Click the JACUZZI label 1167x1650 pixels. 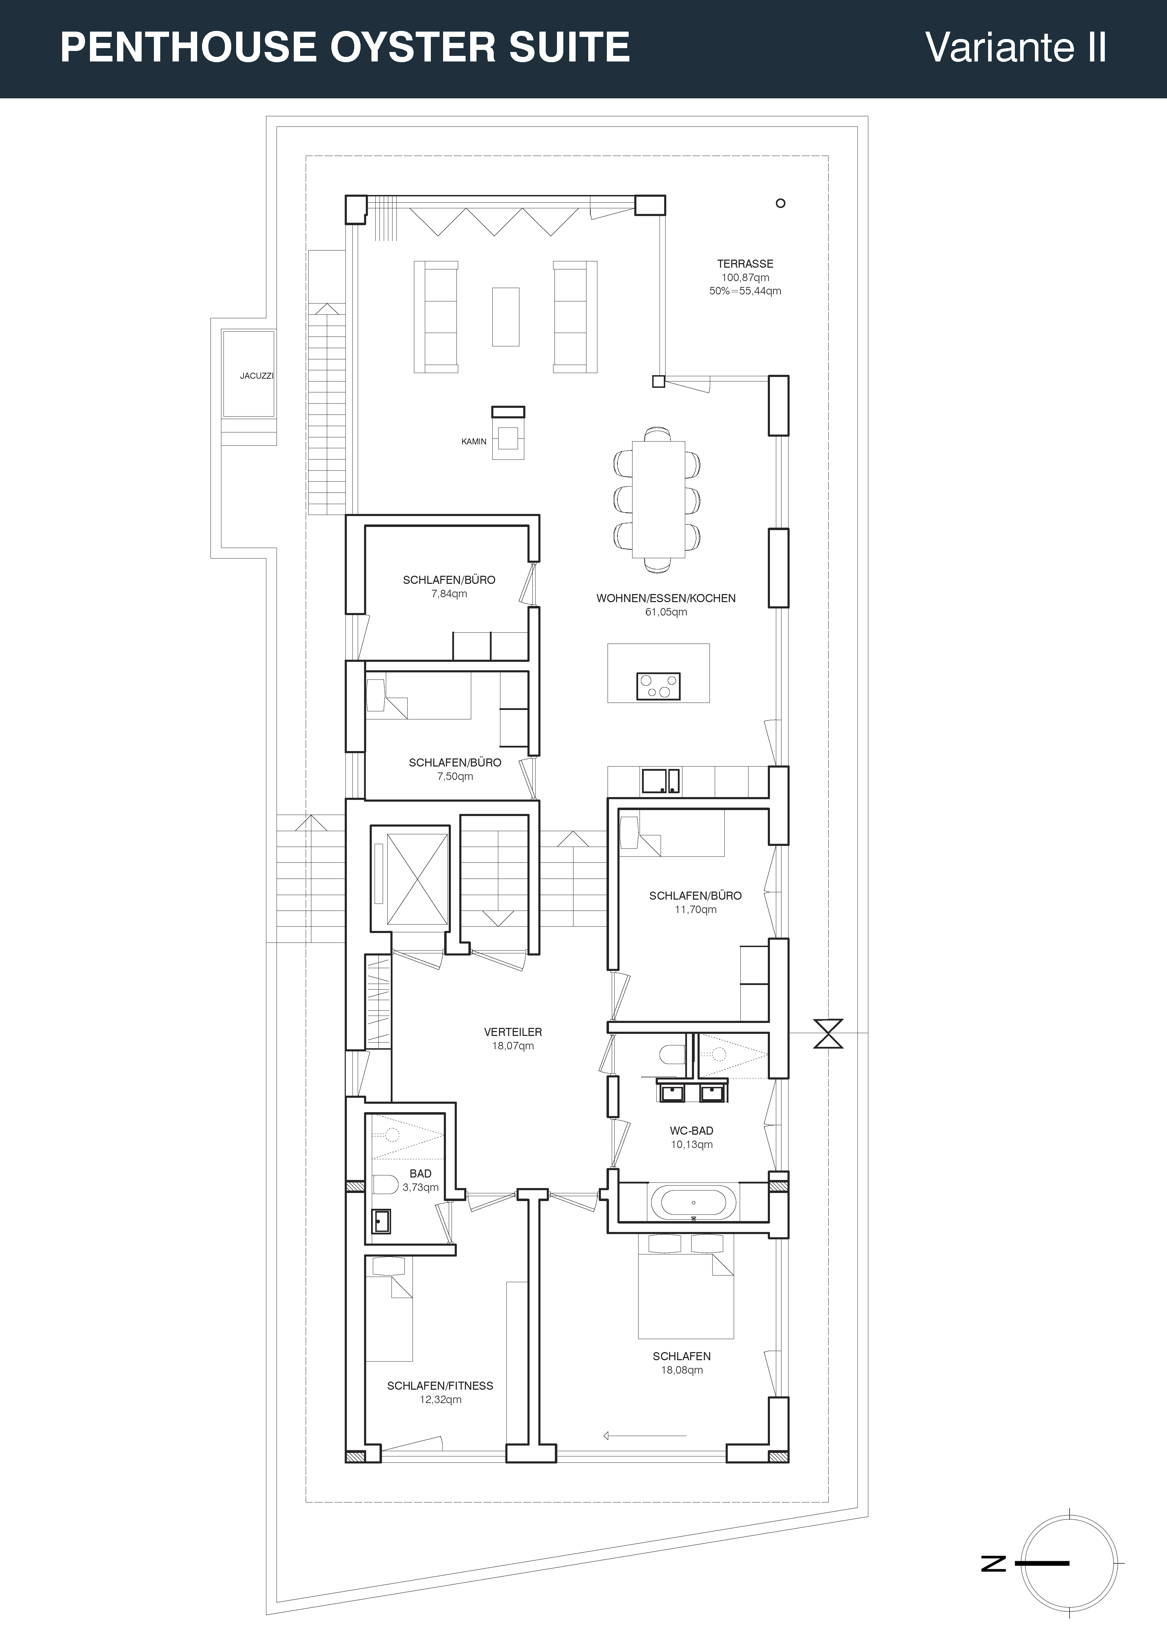tap(257, 376)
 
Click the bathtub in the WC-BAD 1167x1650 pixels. tap(693, 1201)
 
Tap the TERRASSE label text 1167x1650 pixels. tap(745, 264)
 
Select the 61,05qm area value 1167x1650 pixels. tap(666, 612)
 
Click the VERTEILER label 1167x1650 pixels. tap(513, 1032)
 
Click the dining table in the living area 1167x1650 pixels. tap(658, 500)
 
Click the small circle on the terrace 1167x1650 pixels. tap(780, 203)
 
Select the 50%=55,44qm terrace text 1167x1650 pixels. tap(745, 291)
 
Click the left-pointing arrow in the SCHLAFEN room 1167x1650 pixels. tap(645, 1436)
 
